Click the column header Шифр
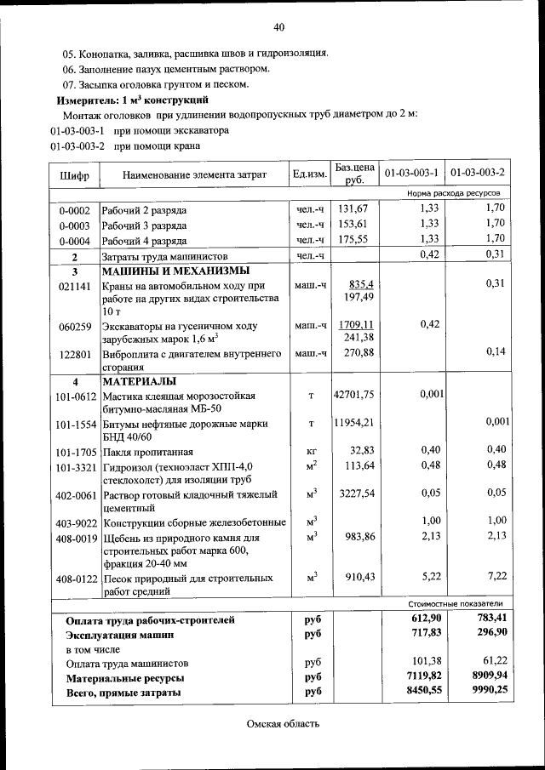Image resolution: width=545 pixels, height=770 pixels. coord(74,174)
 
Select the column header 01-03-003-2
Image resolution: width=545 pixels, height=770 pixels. coord(478,174)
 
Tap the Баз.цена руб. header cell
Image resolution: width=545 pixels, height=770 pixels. coord(354,174)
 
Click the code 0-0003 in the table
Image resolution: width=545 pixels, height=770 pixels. coord(74,225)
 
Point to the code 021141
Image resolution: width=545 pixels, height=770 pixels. coord(74,286)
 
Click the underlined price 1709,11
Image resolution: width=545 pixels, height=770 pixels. coord(357,325)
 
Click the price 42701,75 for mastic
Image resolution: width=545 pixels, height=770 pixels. coord(353,395)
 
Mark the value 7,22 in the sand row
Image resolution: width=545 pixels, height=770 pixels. coord(496,576)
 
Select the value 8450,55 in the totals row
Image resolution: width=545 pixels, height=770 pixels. coord(422,693)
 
